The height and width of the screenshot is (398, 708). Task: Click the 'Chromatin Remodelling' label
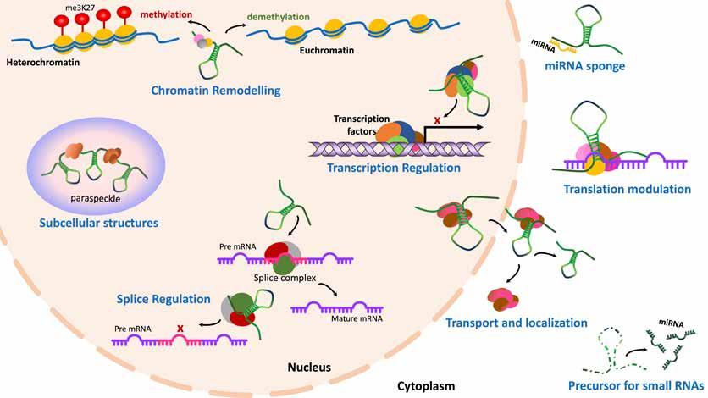pyautogui.click(x=215, y=91)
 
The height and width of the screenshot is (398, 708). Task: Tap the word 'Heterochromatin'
pyautogui.click(x=43, y=63)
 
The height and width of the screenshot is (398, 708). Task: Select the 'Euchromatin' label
pyautogui.click(x=326, y=51)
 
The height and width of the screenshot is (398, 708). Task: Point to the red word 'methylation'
pyautogui.click(x=166, y=14)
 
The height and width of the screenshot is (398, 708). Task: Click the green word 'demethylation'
pyautogui.click(x=278, y=17)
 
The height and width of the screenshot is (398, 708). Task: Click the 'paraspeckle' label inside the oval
pyautogui.click(x=95, y=198)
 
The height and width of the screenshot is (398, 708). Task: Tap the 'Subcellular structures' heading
pyautogui.click(x=98, y=223)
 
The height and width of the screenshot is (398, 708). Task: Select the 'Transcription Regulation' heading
pyautogui.click(x=394, y=168)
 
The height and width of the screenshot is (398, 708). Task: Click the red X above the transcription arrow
pyautogui.click(x=437, y=121)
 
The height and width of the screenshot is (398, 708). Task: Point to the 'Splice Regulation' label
pyautogui.click(x=163, y=299)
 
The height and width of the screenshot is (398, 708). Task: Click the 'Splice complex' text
pyautogui.click(x=285, y=278)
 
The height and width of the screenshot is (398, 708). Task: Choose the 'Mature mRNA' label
pyautogui.click(x=357, y=318)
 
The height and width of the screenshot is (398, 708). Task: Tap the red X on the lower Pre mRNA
pyautogui.click(x=180, y=328)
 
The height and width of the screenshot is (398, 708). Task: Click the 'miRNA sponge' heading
pyautogui.click(x=584, y=66)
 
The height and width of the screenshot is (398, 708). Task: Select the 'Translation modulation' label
pyautogui.click(x=628, y=189)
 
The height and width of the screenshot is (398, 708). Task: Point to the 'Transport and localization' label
pyautogui.click(x=517, y=323)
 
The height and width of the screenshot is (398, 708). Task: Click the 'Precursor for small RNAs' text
pyautogui.click(x=636, y=386)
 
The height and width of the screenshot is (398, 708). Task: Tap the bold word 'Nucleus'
pyautogui.click(x=309, y=368)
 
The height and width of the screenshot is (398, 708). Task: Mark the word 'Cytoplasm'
pyautogui.click(x=426, y=386)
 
